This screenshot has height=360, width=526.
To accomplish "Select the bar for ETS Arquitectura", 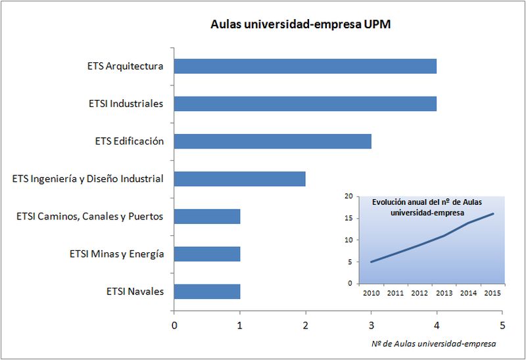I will point(305,66).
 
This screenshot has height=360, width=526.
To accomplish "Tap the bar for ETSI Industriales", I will point(305,104).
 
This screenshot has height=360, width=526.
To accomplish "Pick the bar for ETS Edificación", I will point(272,141).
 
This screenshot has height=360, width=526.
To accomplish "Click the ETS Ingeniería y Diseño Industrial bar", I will point(239,179).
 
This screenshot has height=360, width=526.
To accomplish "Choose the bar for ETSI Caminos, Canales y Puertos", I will point(207,216).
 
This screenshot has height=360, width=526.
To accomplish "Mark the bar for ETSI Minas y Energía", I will point(207,254).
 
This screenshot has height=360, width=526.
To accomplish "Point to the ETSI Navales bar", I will point(207,291).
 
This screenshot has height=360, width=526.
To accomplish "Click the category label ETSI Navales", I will point(135,291).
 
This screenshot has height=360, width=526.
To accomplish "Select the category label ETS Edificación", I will point(129,141).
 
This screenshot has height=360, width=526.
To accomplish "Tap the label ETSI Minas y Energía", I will point(116,254).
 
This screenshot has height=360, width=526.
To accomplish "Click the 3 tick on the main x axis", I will point(371,325).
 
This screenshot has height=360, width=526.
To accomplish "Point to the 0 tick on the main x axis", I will point(174,325).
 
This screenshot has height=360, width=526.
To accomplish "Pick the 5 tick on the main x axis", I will point(502,325).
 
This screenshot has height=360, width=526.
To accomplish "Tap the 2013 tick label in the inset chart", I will point(444,292).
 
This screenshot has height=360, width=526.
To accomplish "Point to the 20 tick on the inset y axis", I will point(348,196).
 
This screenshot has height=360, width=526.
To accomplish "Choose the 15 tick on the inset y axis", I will point(348,218).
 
